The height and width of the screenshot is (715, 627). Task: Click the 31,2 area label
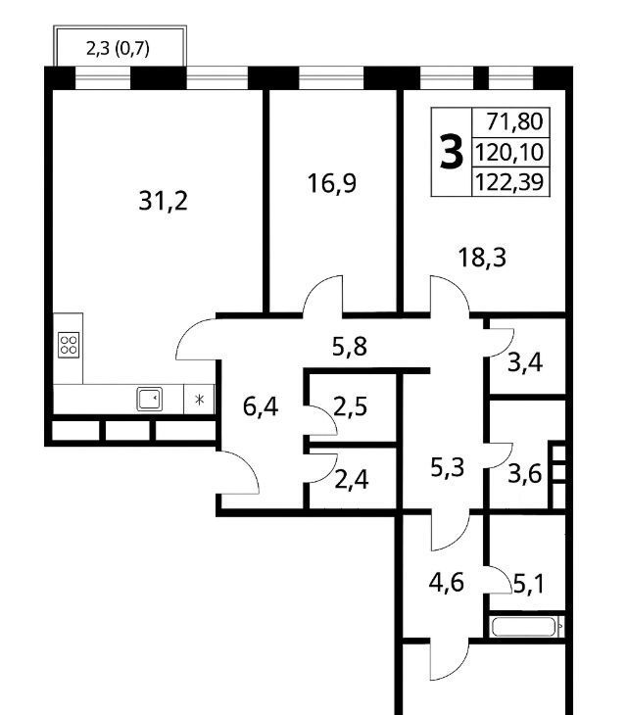(163, 201)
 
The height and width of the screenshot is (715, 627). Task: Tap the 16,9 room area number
(331, 183)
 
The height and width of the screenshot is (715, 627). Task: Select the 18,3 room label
(482, 258)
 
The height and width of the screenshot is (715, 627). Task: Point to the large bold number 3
(452, 153)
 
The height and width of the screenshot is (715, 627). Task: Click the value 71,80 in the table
(514, 121)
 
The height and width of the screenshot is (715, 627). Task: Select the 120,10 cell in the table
(509, 152)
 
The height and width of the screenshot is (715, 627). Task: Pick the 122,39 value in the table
(509, 182)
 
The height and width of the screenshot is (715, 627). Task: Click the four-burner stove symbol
(69, 345)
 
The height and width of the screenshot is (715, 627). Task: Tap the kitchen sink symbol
(150, 399)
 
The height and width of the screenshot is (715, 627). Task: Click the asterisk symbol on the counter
(199, 400)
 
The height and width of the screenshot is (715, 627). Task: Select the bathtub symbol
(524, 627)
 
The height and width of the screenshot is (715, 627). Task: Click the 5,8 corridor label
(350, 347)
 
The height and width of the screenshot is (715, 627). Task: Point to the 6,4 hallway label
(261, 406)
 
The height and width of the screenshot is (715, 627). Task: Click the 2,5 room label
(350, 406)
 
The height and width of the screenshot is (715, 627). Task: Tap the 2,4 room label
(351, 480)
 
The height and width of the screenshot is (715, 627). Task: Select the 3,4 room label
(525, 363)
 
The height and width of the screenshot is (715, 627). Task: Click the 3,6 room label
(525, 474)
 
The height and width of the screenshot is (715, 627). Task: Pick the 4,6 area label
(447, 583)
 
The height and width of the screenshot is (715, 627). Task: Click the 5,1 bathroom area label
(528, 584)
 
